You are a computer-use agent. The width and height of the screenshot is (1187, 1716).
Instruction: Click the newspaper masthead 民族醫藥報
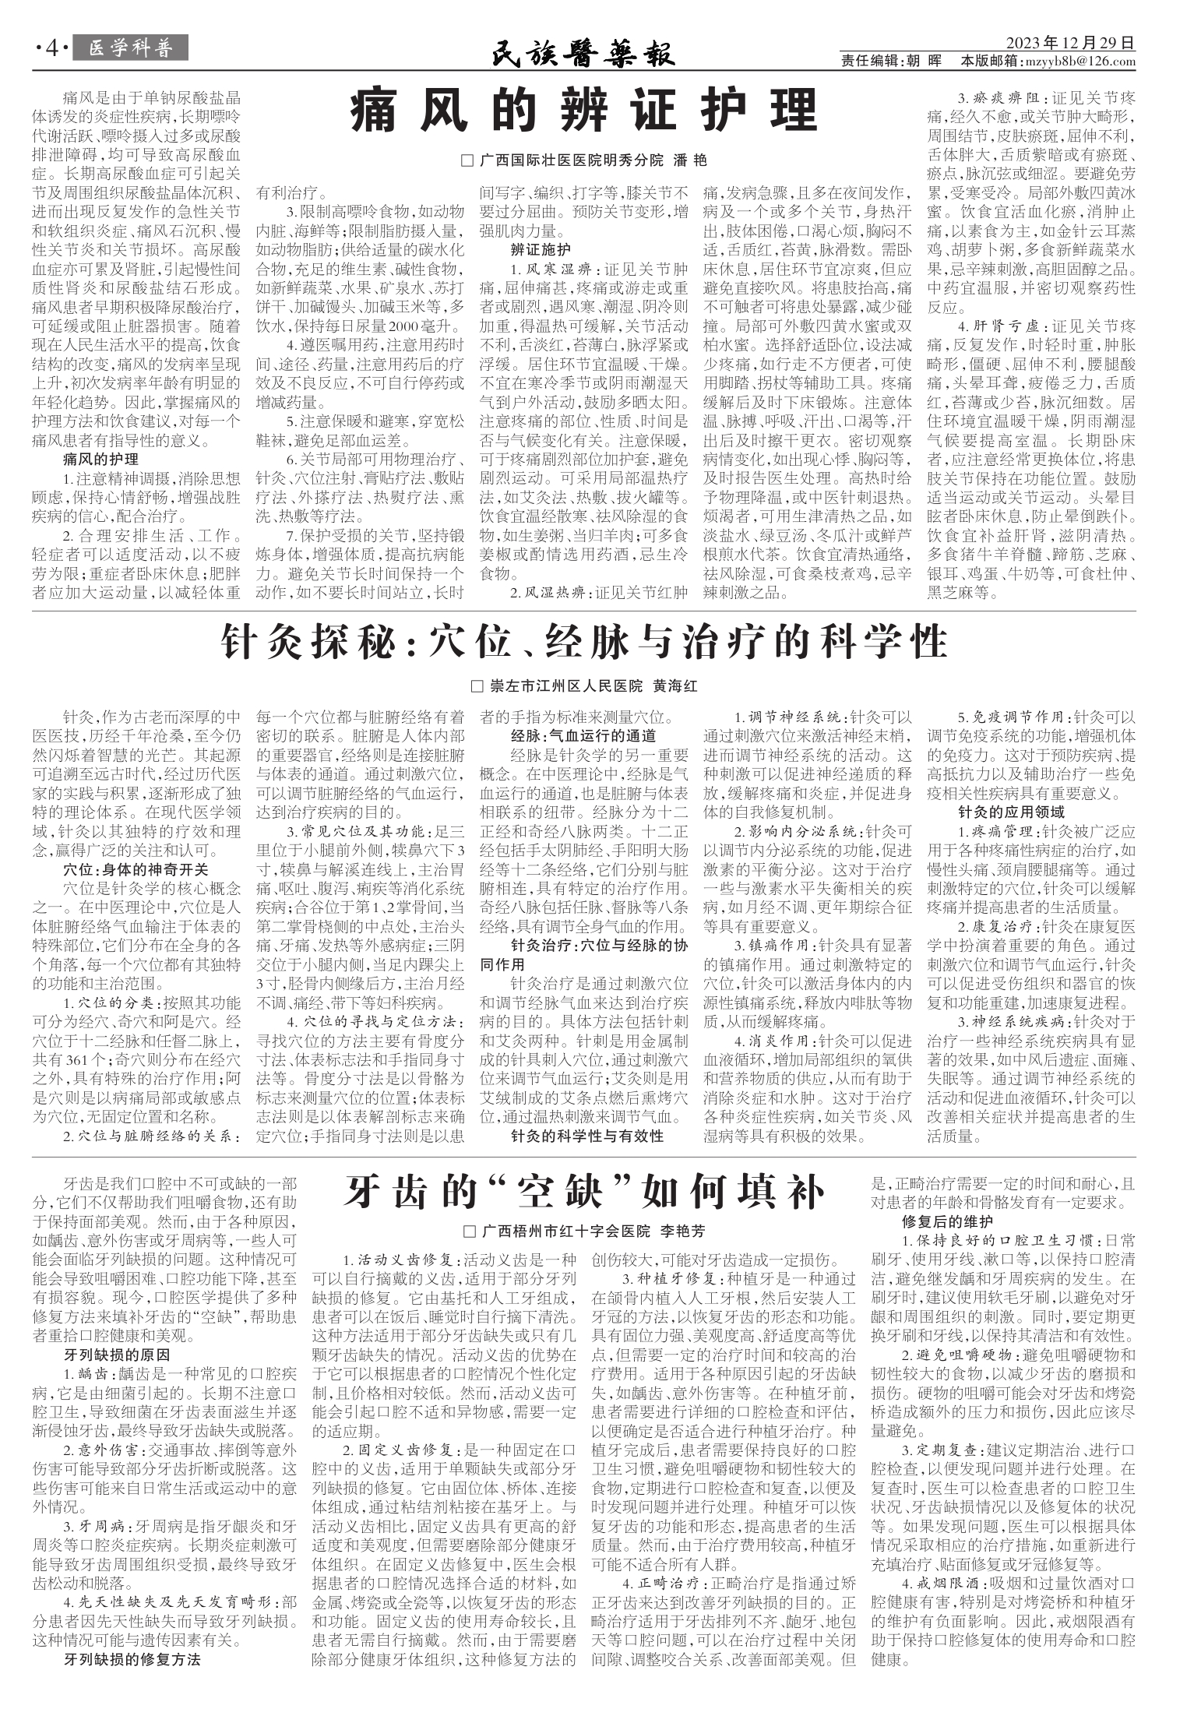coord(583,54)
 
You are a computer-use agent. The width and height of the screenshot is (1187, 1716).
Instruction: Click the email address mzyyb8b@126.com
coord(1090,62)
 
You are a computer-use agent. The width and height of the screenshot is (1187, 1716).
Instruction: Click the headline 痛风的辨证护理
coord(583,111)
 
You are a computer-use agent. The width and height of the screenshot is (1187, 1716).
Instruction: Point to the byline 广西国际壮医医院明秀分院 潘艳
coord(585,160)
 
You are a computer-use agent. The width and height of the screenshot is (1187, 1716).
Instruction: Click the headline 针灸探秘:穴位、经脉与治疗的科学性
coord(583,643)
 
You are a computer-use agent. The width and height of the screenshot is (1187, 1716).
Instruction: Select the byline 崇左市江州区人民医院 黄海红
coord(585,686)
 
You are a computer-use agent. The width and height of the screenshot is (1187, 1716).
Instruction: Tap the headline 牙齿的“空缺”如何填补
coord(583,1191)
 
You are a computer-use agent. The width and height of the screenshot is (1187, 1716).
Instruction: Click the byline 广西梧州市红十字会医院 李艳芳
coord(584,1232)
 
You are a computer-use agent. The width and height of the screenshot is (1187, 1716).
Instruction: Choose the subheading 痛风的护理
coord(101,459)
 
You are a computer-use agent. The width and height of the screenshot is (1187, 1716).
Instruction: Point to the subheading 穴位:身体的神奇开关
coord(136,869)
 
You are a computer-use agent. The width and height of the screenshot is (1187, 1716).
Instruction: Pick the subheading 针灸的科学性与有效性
coord(587,1136)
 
